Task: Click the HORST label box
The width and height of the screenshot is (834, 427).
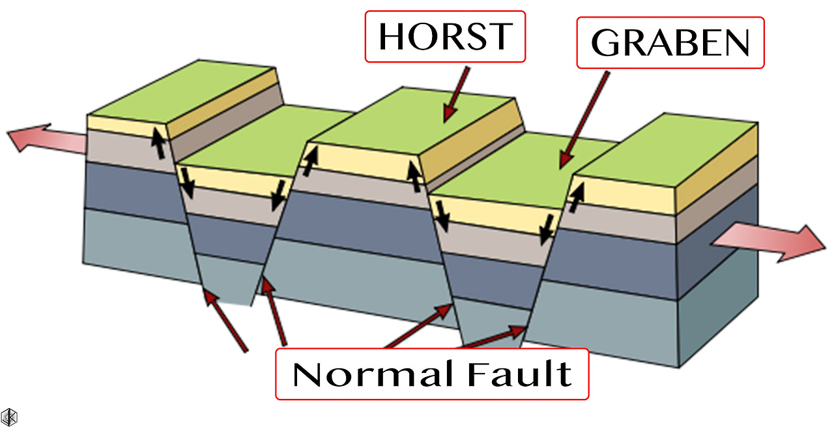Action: [445, 37]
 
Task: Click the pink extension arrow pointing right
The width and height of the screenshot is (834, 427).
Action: [769, 243]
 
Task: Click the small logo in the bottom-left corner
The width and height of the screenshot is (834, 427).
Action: [9, 417]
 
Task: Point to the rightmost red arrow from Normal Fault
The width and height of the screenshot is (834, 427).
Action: [495, 337]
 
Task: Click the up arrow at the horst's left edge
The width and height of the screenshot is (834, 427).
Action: [311, 160]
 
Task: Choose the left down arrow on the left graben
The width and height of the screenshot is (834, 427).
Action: [188, 183]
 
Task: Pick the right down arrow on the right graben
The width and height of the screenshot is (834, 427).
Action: [546, 228]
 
